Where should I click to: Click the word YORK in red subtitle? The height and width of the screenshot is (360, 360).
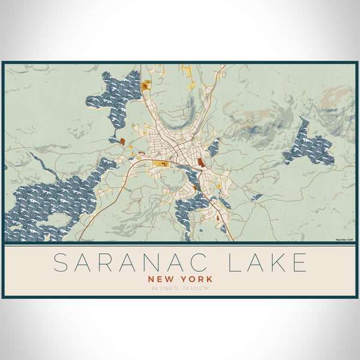[x=196, y=279]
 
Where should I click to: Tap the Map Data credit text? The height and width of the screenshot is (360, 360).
[x=345, y=241]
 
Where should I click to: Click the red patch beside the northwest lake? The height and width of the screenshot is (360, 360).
[x=122, y=142]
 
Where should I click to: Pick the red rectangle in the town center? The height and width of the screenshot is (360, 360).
[x=201, y=162]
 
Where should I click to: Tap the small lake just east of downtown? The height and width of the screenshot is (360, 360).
[x=214, y=147]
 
